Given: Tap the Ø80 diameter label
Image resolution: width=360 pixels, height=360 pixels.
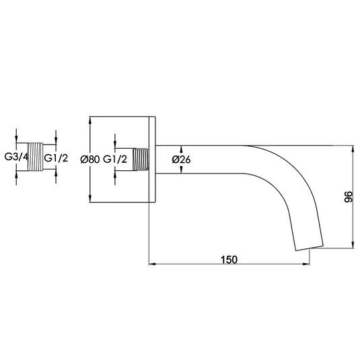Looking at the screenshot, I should tap(89, 159).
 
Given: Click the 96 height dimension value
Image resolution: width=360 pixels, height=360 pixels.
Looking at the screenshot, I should tap(348, 196).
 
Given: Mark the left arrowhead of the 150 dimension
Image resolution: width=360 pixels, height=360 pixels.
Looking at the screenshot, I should tap(151, 263).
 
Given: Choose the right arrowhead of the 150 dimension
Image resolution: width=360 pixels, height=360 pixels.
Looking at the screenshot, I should tap(307, 263).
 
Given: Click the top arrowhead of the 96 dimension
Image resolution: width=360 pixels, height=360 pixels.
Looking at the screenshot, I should tap(353, 148).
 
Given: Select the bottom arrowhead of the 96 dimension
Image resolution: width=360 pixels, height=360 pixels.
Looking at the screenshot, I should tap(353, 246).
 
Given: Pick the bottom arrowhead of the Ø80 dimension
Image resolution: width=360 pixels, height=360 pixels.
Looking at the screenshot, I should tap(89, 199).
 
